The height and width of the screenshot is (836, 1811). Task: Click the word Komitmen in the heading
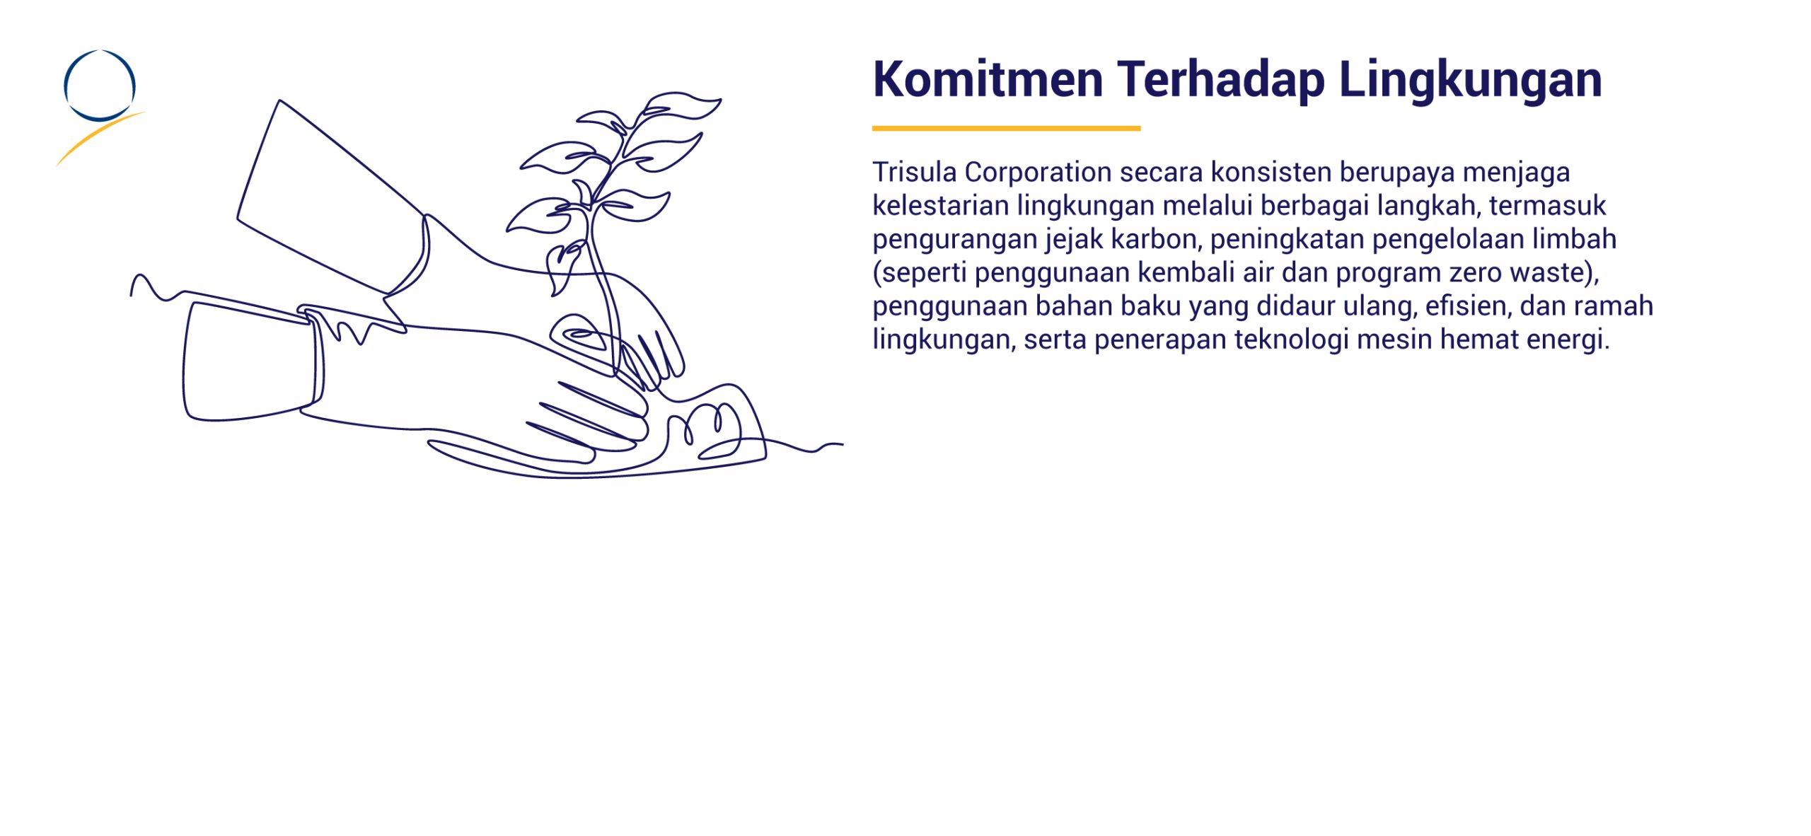(x=988, y=79)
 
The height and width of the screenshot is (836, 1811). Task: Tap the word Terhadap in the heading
(x=1221, y=79)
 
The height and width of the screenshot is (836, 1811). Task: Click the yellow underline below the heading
(x=1006, y=128)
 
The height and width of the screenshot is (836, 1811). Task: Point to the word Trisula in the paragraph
(x=914, y=173)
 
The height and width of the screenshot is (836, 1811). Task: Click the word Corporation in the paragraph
(x=1038, y=173)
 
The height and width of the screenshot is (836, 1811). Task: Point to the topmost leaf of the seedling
(x=681, y=105)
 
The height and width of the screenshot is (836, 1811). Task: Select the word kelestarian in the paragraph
(x=941, y=207)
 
